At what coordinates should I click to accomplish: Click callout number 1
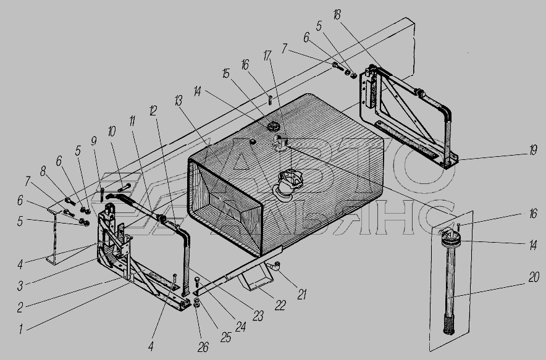[20, 329]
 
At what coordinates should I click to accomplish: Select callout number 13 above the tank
[178, 101]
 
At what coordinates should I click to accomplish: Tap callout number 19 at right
[533, 150]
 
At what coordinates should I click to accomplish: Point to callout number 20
[534, 277]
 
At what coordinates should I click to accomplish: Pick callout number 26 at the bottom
[203, 347]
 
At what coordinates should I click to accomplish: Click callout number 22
[280, 305]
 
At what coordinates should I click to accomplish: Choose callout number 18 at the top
[337, 15]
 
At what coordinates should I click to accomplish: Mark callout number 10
[111, 132]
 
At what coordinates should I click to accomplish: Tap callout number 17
[267, 56]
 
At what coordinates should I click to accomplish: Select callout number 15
[226, 73]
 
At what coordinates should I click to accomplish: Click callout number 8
[43, 171]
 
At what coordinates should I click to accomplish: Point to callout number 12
[153, 111]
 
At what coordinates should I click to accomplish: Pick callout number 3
[20, 286]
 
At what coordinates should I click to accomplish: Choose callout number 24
[240, 327]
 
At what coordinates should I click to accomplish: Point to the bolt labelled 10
[124, 187]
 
